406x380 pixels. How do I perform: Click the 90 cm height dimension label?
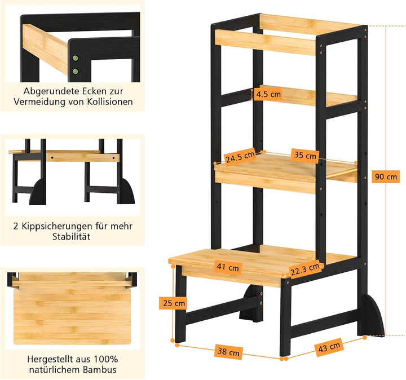tap(386, 177)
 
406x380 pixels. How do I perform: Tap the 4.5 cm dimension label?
tap(268, 94)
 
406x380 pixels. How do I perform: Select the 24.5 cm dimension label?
tap(240, 156)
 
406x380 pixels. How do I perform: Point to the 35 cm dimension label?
tap(305, 156)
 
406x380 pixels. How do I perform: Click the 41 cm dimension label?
tap(228, 267)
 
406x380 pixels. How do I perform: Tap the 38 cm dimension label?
tap(228, 351)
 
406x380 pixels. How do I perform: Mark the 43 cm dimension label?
tap(329, 347)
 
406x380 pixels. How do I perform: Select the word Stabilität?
tap(72, 237)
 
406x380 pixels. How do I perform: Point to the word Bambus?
tap(100, 370)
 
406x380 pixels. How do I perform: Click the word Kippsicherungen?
tap(57, 227)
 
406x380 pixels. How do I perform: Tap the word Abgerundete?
tap(51, 91)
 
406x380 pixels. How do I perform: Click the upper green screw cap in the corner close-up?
tap(76, 58)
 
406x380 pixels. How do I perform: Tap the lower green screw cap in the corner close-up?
tap(76, 71)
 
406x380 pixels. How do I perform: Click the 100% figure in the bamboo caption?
tap(106, 359)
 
